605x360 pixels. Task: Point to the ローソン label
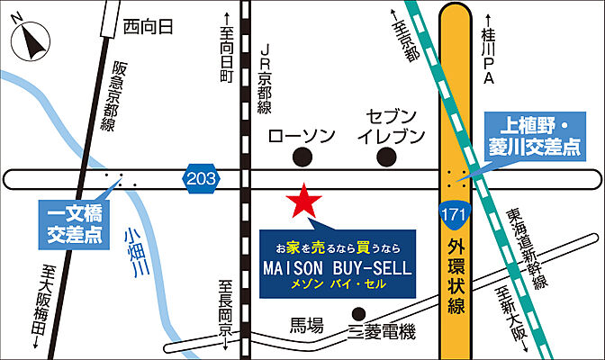pyautogui.click(x=302, y=136)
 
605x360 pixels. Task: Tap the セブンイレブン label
pyautogui.click(x=390, y=127)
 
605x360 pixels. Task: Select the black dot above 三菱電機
pyautogui.click(x=358, y=313)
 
